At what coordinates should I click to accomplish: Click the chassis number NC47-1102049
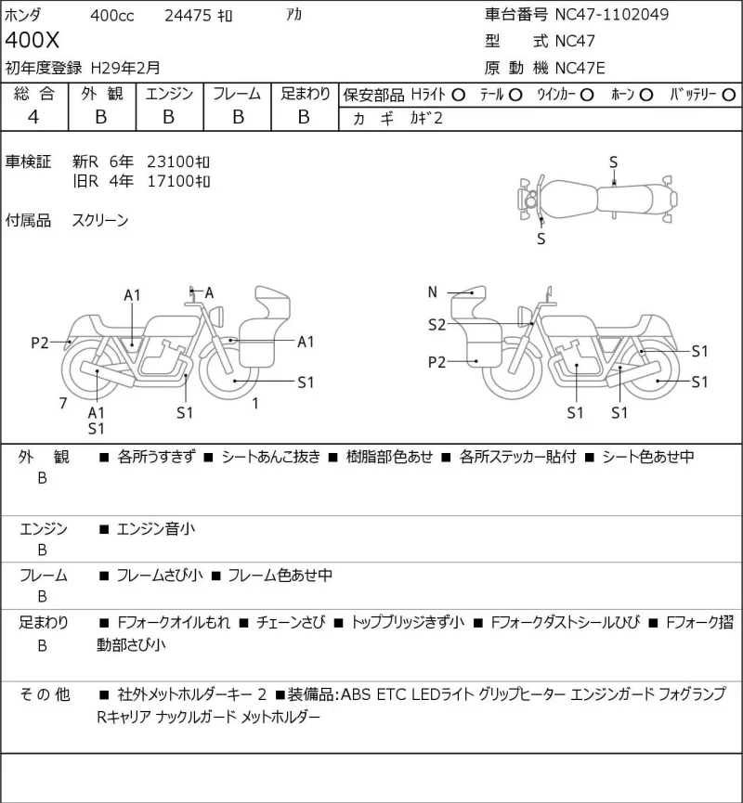tap(612, 14)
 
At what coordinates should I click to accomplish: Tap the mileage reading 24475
tap(188, 16)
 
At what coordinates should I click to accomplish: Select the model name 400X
tap(33, 40)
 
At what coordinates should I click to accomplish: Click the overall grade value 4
tap(33, 117)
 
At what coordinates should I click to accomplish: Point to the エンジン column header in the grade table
tap(170, 94)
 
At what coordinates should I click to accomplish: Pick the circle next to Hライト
tap(458, 96)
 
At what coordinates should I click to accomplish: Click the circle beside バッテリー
tap(728, 96)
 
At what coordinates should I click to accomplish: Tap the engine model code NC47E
tap(580, 68)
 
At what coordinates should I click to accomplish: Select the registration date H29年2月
tap(125, 68)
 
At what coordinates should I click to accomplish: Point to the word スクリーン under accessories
tap(100, 220)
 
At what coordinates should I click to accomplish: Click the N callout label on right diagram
tap(433, 291)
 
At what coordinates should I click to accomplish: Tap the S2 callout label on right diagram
tap(437, 325)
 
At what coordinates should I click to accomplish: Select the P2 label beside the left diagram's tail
tap(40, 343)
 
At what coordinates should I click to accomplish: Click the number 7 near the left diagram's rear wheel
tap(63, 404)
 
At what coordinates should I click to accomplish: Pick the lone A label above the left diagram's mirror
tap(209, 293)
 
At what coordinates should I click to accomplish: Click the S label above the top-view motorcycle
tap(613, 162)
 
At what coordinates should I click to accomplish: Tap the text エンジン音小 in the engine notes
tap(156, 528)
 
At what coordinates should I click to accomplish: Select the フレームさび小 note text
tap(160, 576)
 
